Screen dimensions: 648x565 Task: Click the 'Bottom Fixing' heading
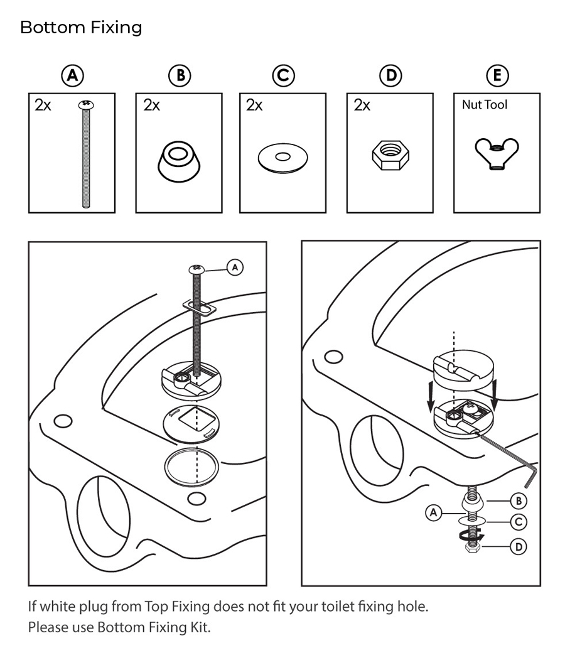point(81,28)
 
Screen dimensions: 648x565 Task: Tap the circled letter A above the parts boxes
point(73,76)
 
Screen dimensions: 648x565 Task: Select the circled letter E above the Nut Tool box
point(497,76)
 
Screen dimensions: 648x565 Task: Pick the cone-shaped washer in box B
point(180,159)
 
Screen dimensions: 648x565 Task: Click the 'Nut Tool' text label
point(484,105)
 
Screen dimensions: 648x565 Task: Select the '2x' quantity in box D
point(362,105)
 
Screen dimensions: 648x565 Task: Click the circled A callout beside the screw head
point(235,267)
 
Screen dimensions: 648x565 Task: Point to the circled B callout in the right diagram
point(519,500)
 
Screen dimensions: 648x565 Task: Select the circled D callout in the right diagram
point(519,547)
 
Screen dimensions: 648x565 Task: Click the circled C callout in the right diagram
point(519,521)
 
